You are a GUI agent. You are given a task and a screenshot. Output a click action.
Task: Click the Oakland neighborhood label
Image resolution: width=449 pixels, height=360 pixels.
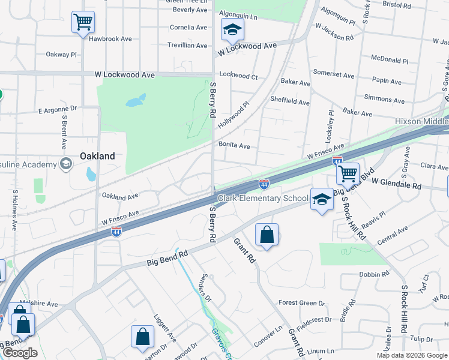(x=97, y=156)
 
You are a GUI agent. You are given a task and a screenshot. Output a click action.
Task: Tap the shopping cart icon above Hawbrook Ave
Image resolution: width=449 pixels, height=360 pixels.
(x=83, y=23)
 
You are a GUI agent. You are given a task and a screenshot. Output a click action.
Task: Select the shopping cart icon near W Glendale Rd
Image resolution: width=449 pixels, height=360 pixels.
(x=348, y=174)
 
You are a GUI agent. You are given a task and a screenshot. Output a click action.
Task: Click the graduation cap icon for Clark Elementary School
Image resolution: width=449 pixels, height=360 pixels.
(x=322, y=199)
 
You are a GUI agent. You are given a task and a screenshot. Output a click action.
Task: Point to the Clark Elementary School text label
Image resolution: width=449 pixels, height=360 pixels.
(x=263, y=198)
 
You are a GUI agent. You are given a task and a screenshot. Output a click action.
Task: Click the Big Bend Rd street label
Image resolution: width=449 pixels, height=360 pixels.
(x=167, y=259)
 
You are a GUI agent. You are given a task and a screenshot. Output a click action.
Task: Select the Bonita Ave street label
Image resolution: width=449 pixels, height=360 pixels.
(x=234, y=146)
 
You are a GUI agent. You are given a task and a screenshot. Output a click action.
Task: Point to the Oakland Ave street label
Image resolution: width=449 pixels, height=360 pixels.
(x=120, y=196)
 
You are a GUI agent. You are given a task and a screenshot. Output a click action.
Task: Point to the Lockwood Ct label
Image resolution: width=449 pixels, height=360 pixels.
(x=238, y=76)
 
